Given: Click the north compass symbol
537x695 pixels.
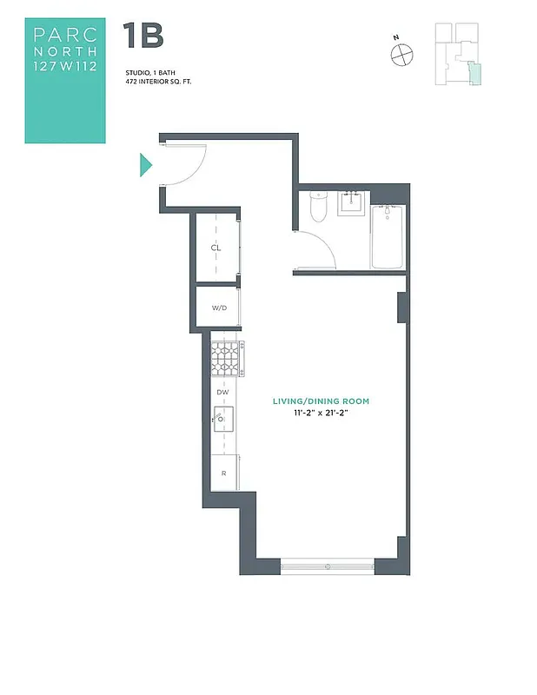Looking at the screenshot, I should tap(401, 55).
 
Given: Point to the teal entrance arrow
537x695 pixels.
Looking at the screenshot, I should tap(146, 164).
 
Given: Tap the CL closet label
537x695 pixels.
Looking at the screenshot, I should tap(215, 248).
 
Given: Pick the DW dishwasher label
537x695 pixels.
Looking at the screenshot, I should tap(222, 393).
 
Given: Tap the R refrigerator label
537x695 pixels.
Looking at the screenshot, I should tap(223, 473).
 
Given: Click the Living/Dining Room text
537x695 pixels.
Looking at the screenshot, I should tap(322, 400).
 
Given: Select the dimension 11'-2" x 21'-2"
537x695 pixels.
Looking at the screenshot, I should tap(322, 413).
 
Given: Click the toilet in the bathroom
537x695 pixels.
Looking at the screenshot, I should tap(318, 208).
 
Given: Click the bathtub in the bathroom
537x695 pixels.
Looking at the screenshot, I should tap(388, 237).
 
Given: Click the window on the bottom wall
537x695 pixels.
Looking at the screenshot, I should tap(328, 566).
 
